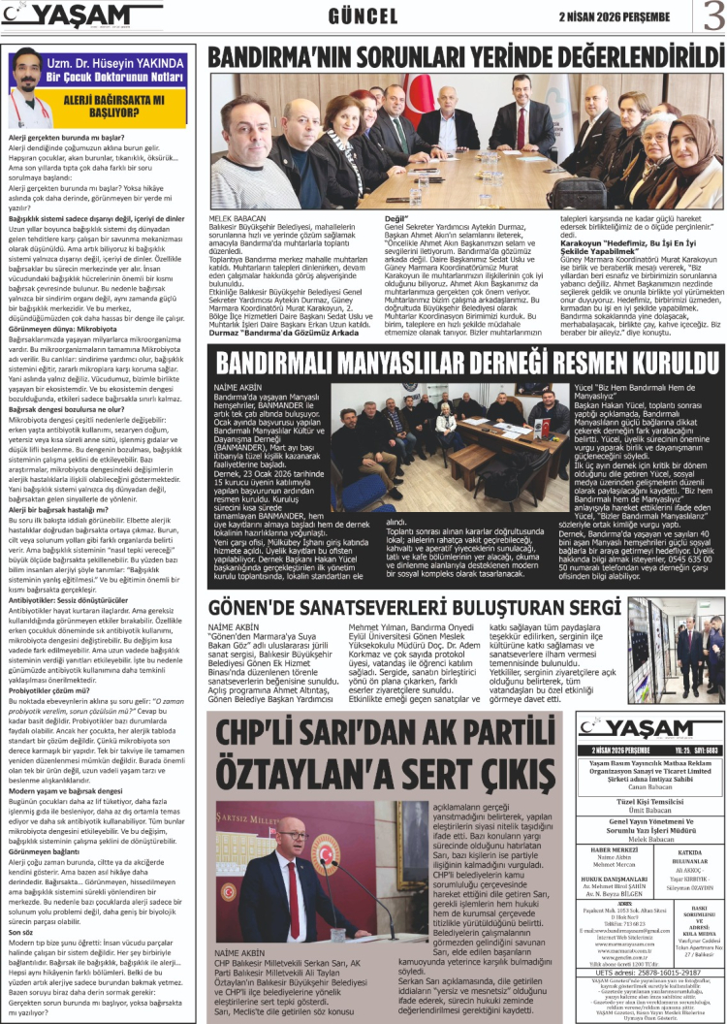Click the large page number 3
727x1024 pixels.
(712, 16)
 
